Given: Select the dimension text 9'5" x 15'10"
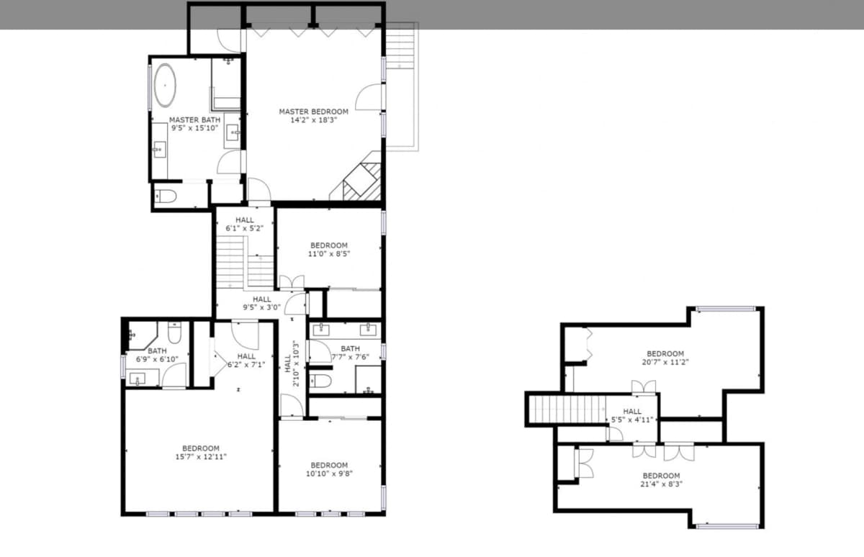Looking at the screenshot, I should (x=194, y=128).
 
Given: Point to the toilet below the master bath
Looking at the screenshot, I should (x=166, y=196).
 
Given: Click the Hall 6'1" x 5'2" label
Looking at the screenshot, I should (x=244, y=224).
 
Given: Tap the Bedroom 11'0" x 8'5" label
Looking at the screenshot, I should (x=328, y=250).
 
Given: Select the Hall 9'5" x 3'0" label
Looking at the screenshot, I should (x=261, y=303).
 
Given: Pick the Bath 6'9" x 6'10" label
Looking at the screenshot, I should (x=157, y=355).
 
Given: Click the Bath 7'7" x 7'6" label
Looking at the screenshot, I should (x=350, y=353).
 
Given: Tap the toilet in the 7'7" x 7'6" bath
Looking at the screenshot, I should (x=320, y=381).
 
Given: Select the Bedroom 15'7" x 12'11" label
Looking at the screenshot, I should (x=200, y=452).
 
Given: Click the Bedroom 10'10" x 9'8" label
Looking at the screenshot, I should (x=329, y=469).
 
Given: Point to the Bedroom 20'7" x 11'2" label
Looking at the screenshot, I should (x=665, y=358).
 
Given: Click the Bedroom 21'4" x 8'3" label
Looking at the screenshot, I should (x=661, y=480).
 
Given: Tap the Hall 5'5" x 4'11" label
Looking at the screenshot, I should (x=631, y=415).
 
